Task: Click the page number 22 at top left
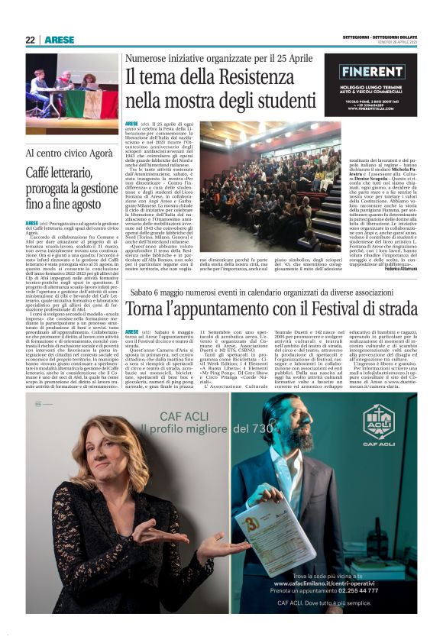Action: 30,40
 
